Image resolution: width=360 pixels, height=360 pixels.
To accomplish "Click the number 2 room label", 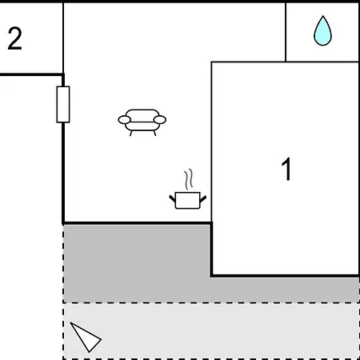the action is (x=14, y=38).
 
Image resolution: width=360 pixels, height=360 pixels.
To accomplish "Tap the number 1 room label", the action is (x=286, y=169).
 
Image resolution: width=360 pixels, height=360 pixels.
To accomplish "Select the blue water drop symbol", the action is (x=322, y=30).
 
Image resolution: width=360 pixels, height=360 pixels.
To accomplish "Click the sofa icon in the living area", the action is (x=142, y=122).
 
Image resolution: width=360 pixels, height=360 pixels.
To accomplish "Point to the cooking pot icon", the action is (x=188, y=189).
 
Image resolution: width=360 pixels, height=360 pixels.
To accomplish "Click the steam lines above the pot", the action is (x=189, y=179).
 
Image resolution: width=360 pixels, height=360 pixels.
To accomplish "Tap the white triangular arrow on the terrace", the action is (x=86, y=338).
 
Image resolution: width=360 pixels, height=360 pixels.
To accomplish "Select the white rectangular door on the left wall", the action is (x=63, y=105).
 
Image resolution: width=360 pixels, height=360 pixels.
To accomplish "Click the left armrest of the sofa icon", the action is (x=124, y=120).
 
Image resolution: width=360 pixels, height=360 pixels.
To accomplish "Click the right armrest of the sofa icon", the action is (x=160, y=120).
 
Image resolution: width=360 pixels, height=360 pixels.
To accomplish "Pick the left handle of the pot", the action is (x=172, y=198).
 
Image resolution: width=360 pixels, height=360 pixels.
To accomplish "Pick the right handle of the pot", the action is (x=203, y=198).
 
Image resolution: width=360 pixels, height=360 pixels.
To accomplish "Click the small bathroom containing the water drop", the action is (x=322, y=32).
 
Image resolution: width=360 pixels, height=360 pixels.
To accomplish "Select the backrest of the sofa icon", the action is (x=142, y=115).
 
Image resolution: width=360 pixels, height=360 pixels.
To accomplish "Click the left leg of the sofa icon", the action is (x=131, y=133).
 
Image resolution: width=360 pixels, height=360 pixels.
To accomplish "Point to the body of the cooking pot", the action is (x=188, y=200).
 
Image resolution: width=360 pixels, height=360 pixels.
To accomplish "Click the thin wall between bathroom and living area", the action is (x=286, y=32).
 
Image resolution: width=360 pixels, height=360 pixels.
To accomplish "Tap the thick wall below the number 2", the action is (x=31, y=74).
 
